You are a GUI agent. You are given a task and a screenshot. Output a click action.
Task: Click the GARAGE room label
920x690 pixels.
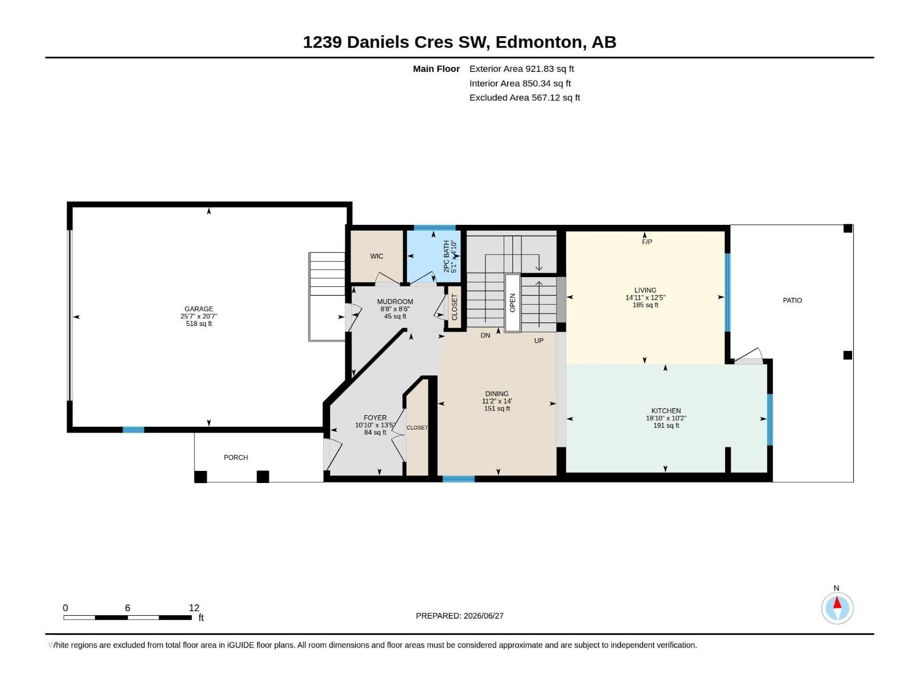[x=199, y=309]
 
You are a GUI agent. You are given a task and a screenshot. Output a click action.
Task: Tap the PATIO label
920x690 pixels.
[x=792, y=300]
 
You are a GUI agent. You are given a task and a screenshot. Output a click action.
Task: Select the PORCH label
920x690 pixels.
[x=236, y=458]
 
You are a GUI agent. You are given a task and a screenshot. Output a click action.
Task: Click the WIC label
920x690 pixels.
[x=377, y=256]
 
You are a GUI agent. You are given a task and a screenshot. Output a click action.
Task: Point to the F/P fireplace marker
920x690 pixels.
[x=647, y=241]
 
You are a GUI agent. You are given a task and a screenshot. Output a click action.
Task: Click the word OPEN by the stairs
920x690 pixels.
[x=512, y=303]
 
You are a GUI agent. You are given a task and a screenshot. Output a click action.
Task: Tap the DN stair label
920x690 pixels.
[x=485, y=335]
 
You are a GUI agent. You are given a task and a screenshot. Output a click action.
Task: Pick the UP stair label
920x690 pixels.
[x=539, y=340]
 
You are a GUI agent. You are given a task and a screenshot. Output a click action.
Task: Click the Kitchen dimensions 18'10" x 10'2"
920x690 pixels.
[x=666, y=418]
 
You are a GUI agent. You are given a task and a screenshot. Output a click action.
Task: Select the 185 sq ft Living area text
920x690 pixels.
[x=645, y=305]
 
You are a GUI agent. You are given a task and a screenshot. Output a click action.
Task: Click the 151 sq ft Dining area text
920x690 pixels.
[x=497, y=408]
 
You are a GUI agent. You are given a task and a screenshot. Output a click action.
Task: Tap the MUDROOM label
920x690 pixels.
[x=395, y=302]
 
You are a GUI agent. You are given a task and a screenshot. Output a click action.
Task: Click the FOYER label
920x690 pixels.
[x=375, y=417]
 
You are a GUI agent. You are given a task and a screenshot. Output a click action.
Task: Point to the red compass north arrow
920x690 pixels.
[x=837, y=603]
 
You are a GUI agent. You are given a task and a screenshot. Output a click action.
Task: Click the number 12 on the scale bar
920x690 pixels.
[x=194, y=608]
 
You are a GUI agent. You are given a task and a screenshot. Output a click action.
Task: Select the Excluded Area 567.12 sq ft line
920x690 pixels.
[x=524, y=98]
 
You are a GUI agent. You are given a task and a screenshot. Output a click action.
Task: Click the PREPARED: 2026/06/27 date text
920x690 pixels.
[x=459, y=616]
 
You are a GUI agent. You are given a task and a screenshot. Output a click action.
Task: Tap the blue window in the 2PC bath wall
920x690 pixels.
[x=434, y=228]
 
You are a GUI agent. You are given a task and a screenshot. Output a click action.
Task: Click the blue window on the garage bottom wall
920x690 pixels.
[x=133, y=430]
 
